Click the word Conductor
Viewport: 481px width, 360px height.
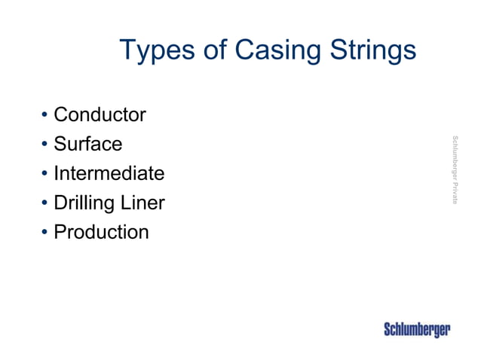coord(100,115)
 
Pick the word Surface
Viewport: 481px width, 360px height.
coord(87,144)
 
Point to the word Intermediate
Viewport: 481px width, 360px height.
coord(109,173)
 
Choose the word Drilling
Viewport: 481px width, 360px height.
coord(84,203)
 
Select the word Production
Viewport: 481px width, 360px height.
coord(101,231)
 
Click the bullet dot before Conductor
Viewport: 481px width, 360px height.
coord(44,116)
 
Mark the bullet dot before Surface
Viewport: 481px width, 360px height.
coord(44,145)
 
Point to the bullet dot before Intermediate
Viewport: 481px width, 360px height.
coord(44,174)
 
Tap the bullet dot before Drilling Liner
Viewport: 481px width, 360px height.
coord(44,203)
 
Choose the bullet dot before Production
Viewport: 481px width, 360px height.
coord(44,232)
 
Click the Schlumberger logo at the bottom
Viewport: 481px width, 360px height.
coord(417,329)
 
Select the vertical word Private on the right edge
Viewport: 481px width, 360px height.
coord(455,194)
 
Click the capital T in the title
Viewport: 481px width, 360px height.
coord(127,50)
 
